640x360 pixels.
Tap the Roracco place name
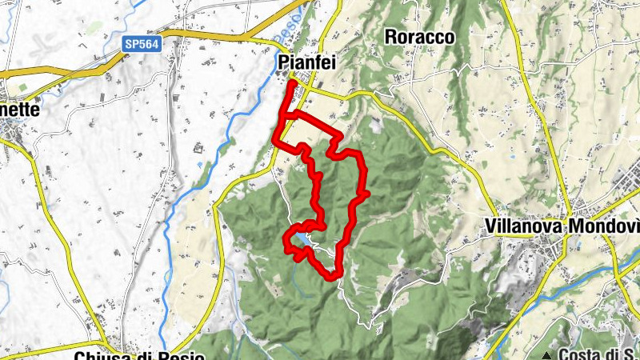(419, 37)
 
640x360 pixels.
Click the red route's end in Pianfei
(293, 83)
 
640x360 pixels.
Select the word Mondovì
(599, 226)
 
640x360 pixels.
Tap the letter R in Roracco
(391, 37)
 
